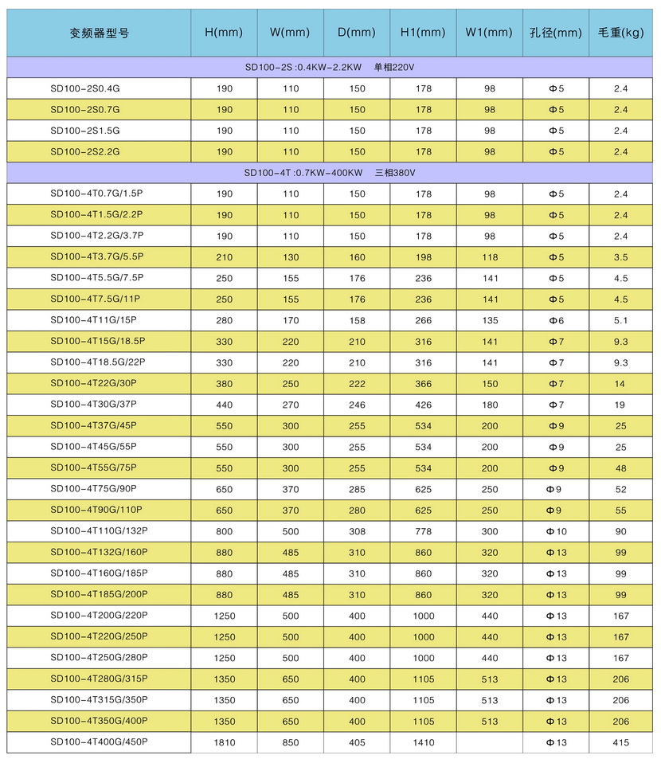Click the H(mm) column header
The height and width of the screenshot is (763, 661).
224,33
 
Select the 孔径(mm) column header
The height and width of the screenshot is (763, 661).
556,33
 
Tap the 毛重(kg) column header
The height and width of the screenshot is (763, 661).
620,33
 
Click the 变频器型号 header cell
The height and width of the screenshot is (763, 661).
99,33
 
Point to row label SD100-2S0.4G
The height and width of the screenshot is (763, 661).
84,88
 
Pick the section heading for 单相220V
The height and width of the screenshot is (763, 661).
330,67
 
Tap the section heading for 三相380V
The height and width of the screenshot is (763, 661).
330,173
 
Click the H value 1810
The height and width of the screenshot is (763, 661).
225,742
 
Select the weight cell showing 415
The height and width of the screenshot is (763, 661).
621,742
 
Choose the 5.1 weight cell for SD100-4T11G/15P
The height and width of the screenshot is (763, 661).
621,320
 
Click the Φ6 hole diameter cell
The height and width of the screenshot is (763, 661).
556,320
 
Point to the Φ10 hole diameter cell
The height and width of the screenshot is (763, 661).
556,531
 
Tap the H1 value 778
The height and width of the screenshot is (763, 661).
424,531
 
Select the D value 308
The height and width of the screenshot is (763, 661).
357,531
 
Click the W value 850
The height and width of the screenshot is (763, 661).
291,742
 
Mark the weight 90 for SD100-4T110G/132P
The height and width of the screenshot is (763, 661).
621,531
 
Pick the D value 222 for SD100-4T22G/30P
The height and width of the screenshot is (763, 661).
357,383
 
